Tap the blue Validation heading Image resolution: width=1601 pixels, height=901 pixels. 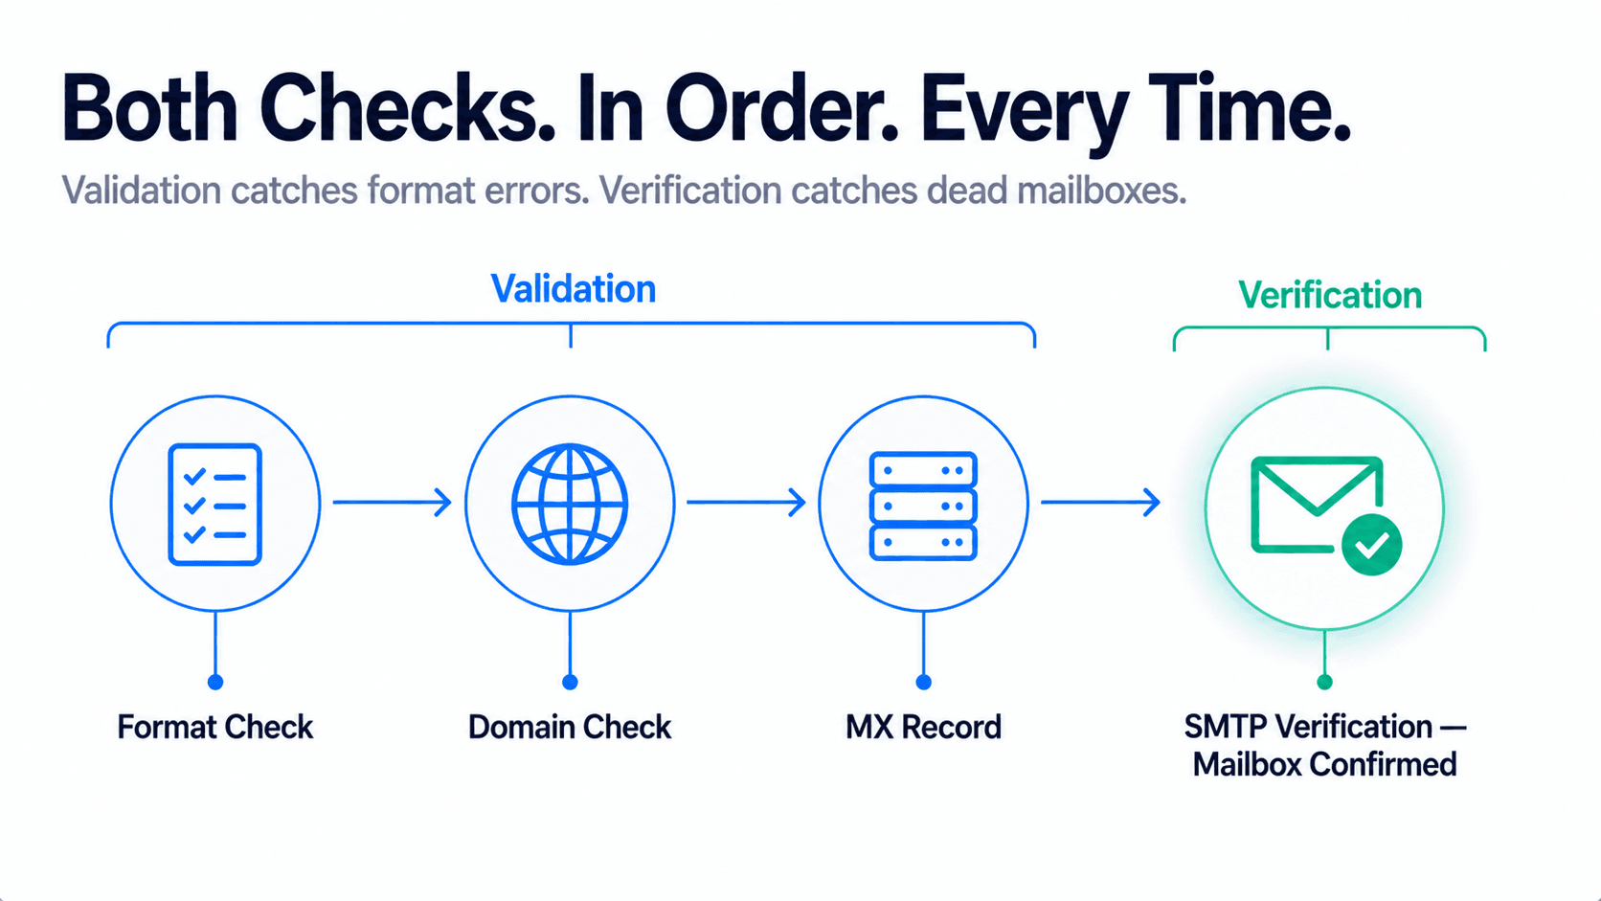tap(574, 288)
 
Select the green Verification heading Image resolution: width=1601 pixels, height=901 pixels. tap(1330, 295)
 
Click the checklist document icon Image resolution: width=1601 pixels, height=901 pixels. tap(215, 505)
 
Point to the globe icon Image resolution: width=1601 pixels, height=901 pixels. tap(570, 504)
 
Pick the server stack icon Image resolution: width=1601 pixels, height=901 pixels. tap(923, 506)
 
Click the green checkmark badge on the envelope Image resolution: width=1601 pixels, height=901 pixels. tap(1371, 545)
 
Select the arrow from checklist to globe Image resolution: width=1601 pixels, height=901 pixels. tap(393, 503)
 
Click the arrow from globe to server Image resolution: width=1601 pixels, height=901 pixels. tap(746, 503)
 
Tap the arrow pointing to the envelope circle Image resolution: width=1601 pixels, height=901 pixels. tap(1100, 503)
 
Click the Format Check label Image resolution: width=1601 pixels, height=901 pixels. tap(215, 728)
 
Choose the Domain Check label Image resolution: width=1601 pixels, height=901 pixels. tap(570, 728)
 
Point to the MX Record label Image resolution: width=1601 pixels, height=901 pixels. tap(923, 728)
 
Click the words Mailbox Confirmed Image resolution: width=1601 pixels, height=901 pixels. tap(1324, 764)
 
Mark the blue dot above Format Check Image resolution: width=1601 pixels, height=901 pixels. tap(215, 683)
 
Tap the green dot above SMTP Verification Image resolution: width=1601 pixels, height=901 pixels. tap(1324, 683)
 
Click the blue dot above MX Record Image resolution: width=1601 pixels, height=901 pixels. tap(923, 683)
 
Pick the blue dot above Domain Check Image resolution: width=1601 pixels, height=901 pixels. tap(570, 683)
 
